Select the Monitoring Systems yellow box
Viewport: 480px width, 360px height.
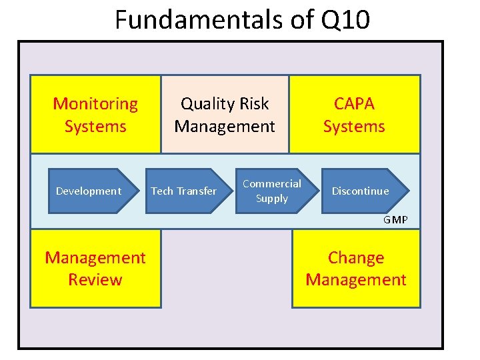coord(95,114)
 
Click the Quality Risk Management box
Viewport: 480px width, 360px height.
coord(225,114)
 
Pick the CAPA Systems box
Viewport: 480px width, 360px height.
coord(354,114)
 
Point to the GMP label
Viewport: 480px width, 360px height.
coord(395,220)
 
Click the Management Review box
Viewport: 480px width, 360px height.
coord(95,268)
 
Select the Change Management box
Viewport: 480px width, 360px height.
coord(356,268)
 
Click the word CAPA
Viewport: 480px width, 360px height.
coord(354,104)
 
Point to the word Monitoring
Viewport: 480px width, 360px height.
coord(95,104)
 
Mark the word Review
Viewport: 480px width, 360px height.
coord(95,279)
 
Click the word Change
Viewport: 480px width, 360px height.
coord(356,257)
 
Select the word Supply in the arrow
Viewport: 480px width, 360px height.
coord(272,199)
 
